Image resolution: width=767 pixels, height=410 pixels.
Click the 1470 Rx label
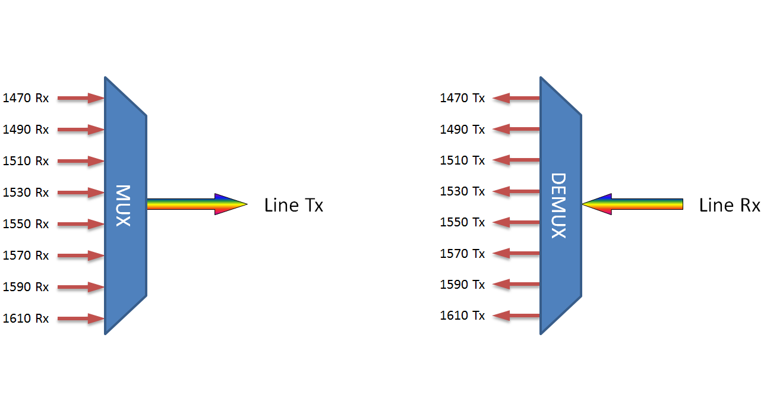click(26, 98)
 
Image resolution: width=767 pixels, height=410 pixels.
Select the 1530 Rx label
click(26, 193)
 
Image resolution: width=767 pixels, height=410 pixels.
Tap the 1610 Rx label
click(26, 318)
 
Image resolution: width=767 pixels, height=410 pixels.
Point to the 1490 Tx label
click(462, 130)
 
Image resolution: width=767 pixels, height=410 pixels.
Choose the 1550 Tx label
click(462, 222)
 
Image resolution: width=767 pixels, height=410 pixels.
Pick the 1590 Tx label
click(462, 285)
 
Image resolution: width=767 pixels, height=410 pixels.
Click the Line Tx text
click(293, 206)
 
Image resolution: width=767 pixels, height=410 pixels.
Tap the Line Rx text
click(730, 206)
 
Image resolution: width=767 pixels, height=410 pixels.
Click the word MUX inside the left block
click(123, 206)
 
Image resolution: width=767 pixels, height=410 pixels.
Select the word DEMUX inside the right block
click(558, 206)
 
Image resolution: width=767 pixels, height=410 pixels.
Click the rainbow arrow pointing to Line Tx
click(196, 204)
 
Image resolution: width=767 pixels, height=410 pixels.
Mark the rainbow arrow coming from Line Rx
click(633, 204)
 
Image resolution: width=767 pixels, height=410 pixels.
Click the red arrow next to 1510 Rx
click(81, 161)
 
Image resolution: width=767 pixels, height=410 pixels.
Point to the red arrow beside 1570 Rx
click(81, 256)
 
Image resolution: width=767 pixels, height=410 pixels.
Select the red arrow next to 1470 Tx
click(516, 98)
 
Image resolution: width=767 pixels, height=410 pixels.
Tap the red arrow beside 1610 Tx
click(516, 316)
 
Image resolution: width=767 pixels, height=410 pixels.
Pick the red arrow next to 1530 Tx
click(516, 191)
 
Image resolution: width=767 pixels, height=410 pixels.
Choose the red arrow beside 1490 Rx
click(81, 130)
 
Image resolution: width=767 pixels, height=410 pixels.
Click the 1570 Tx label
click(462, 254)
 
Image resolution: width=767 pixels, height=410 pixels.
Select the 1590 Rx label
click(26, 287)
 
